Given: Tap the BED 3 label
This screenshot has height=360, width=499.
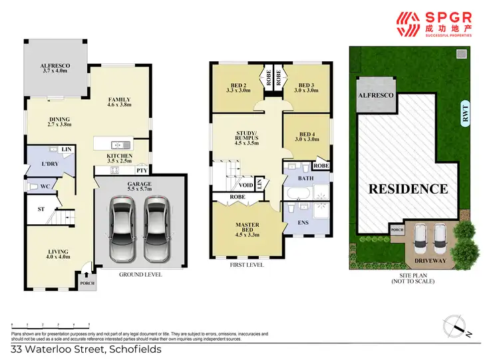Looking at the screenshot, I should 306,86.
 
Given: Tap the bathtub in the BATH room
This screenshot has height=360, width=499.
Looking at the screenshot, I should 297,195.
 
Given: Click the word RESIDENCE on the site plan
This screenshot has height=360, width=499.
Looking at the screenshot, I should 408,188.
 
